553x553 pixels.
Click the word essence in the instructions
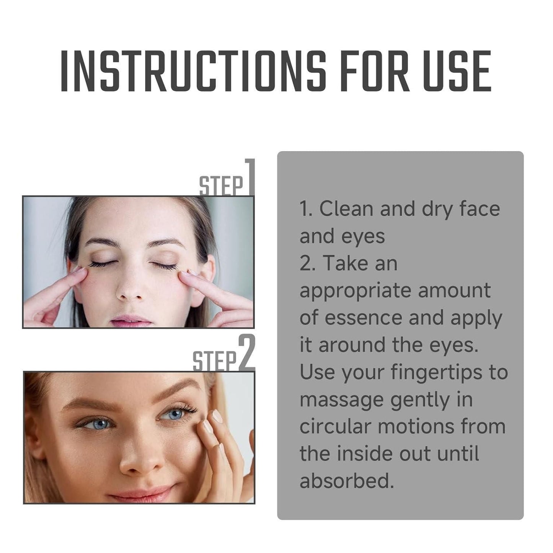point(358,318)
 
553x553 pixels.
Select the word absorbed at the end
point(346,481)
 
